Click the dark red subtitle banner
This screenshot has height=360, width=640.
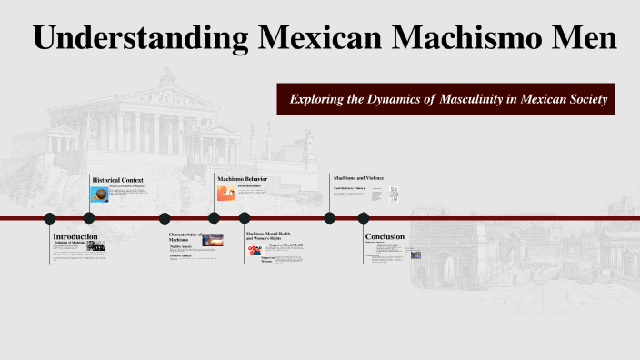click(447, 98)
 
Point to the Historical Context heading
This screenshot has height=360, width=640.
click(117, 180)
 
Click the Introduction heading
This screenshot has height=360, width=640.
click(75, 236)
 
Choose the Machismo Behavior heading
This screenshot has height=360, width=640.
click(243, 179)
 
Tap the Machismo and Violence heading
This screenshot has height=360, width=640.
click(357, 177)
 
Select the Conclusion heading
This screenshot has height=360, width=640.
click(385, 236)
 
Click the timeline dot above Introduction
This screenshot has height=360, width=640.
click(50, 218)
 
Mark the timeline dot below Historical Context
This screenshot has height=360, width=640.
click(89, 218)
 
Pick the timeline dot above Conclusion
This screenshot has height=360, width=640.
click(364, 218)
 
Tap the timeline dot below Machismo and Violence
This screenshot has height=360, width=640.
click(329, 218)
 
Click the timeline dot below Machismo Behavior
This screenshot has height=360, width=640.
click(215, 218)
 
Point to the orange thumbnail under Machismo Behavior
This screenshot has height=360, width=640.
click(226, 193)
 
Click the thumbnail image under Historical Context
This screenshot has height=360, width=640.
click(100, 194)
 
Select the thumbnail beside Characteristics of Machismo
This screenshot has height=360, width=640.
click(213, 240)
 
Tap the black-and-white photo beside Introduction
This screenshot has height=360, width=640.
click(95, 246)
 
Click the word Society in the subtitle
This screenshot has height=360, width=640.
click(579, 98)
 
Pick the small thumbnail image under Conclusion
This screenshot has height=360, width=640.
click(415, 255)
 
